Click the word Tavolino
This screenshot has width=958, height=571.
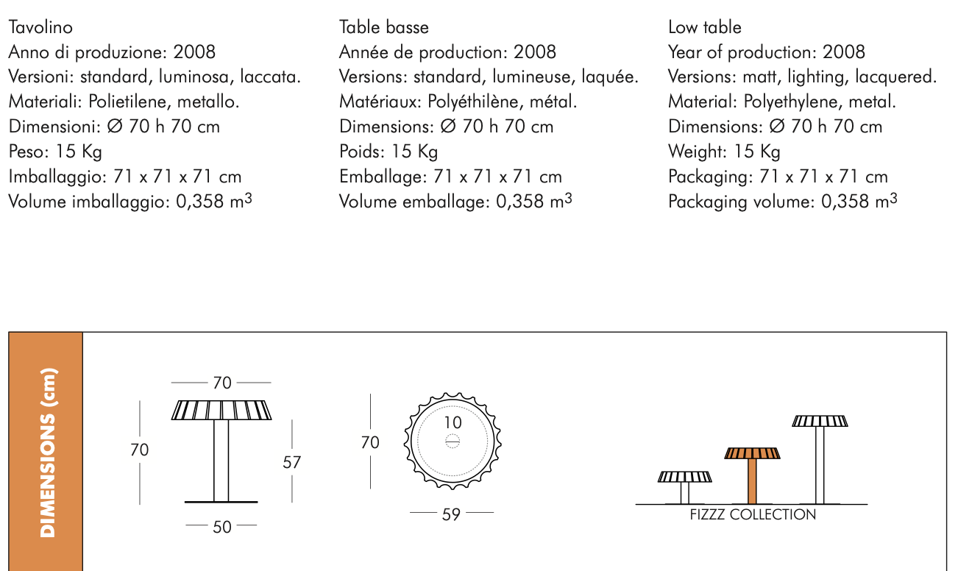[40, 27]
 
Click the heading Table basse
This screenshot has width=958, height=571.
[383, 27]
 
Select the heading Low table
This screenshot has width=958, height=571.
[704, 27]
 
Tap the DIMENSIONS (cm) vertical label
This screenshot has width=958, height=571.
[48, 452]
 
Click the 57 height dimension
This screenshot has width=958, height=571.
[291, 462]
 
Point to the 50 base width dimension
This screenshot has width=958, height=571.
[222, 527]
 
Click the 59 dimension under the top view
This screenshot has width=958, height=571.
[451, 514]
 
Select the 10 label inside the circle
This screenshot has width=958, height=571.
[453, 422]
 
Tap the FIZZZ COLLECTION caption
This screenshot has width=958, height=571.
[753, 514]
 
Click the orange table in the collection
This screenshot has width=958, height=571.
[752, 475]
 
